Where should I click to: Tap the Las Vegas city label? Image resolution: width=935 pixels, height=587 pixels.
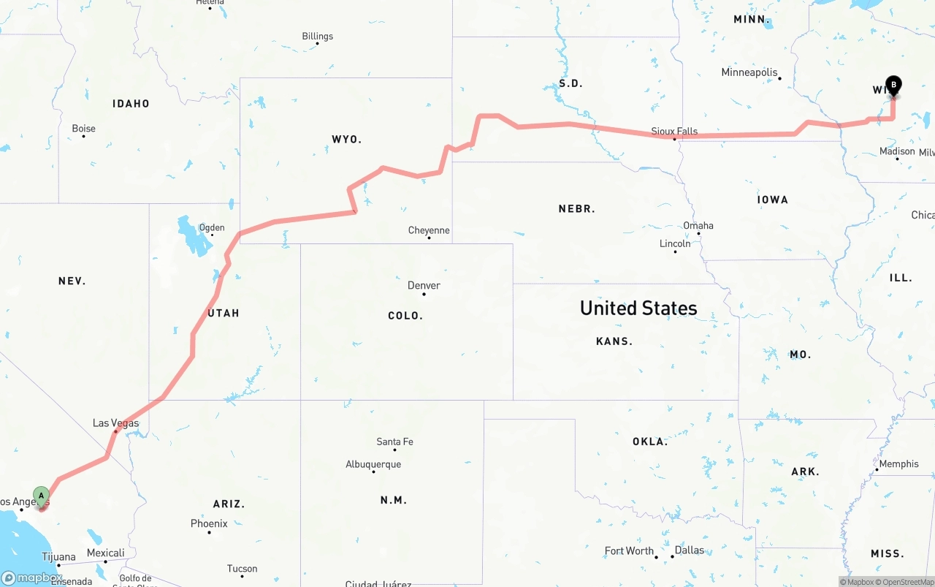point(115,423)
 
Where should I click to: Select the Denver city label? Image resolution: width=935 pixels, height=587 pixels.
point(424,285)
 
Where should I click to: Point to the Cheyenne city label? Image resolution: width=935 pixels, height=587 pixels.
point(429,230)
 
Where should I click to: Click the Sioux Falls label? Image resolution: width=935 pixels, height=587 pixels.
point(674,132)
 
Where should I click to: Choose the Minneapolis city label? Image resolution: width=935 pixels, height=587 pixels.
point(749,72)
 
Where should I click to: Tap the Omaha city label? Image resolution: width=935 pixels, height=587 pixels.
point(698,225)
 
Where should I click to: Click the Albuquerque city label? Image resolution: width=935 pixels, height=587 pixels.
point(373,464)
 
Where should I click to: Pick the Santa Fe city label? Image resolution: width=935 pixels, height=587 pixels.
point(394,442)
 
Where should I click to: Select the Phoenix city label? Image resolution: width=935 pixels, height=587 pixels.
point(209,523)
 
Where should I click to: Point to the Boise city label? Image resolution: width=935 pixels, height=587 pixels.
point(83,129)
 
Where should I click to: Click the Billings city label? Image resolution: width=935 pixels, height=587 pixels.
point(317,36)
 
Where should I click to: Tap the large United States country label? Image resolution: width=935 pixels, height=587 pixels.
point(638,308)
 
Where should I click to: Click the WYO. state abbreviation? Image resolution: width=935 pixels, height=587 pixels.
point(346,139)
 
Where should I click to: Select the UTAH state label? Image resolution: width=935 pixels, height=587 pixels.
point(224,313)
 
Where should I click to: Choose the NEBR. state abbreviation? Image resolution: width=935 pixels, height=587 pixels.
point(576,208)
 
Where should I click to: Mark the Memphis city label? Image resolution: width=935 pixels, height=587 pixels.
point(898,463)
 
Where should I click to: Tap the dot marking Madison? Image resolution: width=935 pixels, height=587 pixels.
point(898,159)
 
